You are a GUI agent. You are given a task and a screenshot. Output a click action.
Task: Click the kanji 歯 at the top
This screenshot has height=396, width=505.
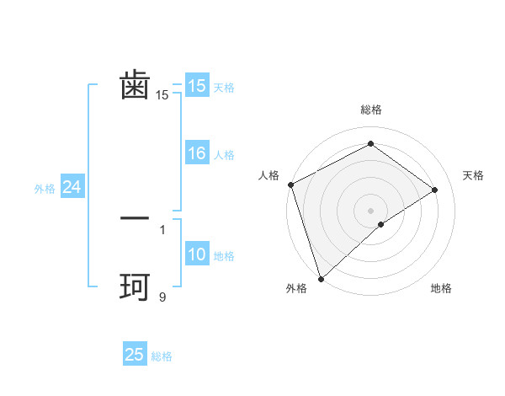[x=135, y=86]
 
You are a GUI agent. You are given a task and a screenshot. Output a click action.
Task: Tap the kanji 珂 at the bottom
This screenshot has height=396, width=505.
[x=135, y=288]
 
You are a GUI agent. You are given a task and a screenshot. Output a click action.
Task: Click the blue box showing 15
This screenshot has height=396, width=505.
[x=197, y=86]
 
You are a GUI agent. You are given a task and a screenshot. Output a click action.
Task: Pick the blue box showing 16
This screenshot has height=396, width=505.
[x=197, y=154]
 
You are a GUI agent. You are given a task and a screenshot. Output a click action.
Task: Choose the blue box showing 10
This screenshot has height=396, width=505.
[x=197, y=255]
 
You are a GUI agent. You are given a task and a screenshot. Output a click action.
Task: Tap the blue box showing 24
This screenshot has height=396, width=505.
[x=72, y=188]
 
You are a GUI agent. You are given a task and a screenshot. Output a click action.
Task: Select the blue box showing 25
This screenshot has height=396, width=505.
[x=135, y=356]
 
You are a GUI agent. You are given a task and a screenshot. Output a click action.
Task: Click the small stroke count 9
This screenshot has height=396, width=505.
[x=162, y=297]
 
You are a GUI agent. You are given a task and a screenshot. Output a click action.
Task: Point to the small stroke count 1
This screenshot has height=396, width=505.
[x=162, y=229]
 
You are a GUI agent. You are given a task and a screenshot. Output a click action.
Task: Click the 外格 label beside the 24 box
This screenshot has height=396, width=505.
[x=45, y=189]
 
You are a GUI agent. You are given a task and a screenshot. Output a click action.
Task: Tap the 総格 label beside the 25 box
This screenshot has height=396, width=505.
[x=162, y=356]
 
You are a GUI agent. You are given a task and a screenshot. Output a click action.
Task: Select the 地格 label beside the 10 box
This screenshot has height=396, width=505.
[x=224, y=256]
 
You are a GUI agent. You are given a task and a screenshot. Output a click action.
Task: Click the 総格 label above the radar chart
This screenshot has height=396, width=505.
[x=370, y=110]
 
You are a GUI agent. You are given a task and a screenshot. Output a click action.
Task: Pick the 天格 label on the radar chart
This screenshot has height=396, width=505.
[x=473, y=175]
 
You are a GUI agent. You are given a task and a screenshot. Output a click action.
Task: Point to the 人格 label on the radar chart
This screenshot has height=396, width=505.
[x=268, y=175]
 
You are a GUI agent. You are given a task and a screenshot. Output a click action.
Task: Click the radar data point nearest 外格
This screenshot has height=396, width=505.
[x=321, y=278]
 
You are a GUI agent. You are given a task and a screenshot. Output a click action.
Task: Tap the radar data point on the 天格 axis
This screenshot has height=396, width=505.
[x=435, y=190]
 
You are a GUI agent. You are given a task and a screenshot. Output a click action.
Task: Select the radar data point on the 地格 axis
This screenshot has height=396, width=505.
[x=381, y=224]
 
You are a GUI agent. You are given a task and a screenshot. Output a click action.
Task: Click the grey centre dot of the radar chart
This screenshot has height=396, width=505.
[x=370, y=210]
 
